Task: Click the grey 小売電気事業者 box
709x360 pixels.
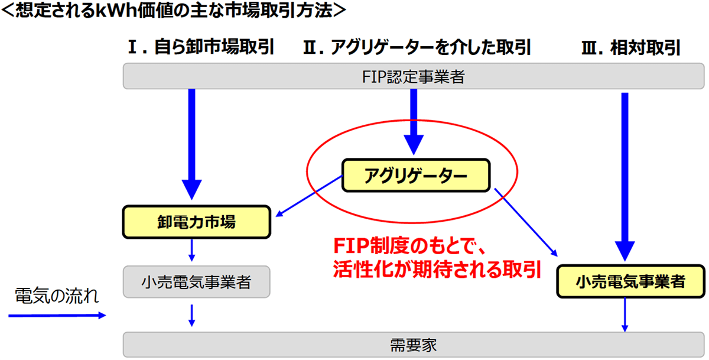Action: (x=196, y=282)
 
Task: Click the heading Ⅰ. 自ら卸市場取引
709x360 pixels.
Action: (x=201, y=47)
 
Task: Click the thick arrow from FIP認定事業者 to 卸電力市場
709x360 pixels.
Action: (x=191, y=142)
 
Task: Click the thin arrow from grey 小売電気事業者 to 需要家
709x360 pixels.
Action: (x=191, y=314)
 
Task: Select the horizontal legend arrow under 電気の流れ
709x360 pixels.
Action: (x=56, y=316)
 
